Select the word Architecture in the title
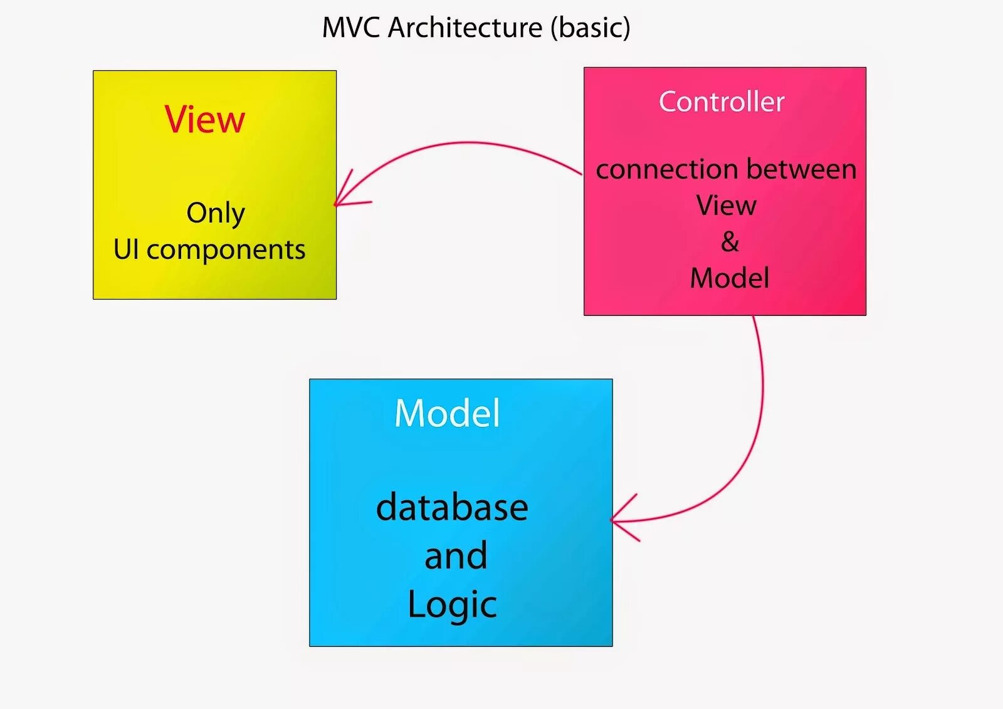tap(465, 28)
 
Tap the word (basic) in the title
tap(590, 28)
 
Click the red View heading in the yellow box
tap(204, 119)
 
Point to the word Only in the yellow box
tap(215, 214)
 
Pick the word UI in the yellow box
tap(126, 249)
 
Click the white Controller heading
tap(722, 102)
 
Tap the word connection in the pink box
tap(666, 169)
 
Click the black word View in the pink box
tap(726, 206)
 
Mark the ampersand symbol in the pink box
tap(730, 242)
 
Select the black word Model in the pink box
tap(730, 278)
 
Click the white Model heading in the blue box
tap(447, 414)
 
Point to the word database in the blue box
tap(452, 507)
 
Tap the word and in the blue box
tap(456, 556)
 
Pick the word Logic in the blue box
tap(452, 605)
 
